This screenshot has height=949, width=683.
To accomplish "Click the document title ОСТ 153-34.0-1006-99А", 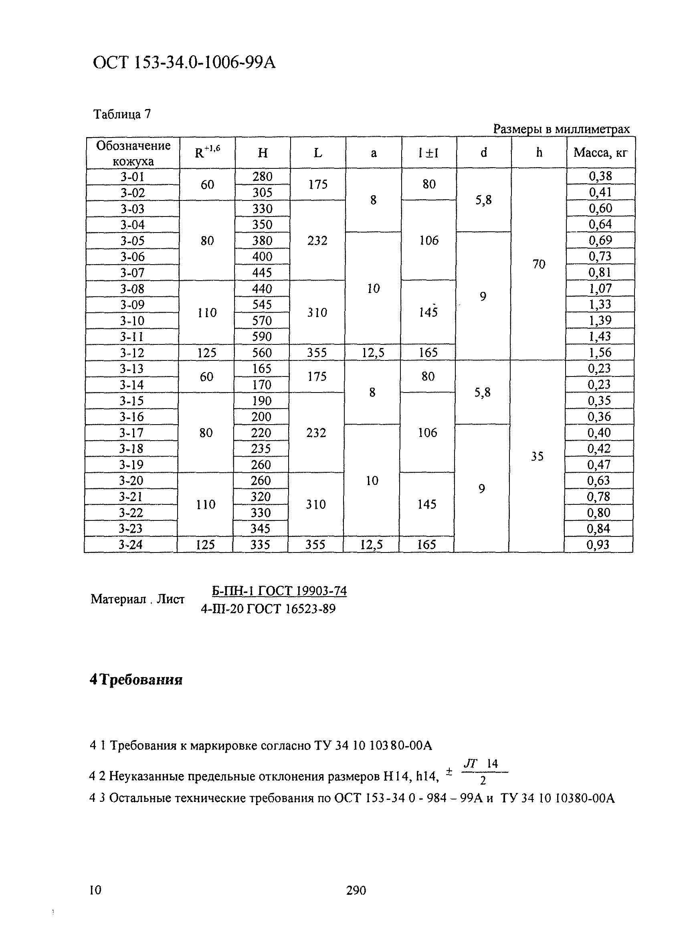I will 184,63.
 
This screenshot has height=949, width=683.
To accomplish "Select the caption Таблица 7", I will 122,114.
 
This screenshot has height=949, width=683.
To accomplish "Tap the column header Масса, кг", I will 600,153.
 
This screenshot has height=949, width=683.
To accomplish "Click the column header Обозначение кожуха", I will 133,153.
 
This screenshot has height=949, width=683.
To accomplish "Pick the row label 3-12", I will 132,353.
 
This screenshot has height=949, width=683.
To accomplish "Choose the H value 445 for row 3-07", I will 262,273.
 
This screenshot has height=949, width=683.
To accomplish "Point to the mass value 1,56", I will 600,352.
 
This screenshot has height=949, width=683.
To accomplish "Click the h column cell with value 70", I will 539,264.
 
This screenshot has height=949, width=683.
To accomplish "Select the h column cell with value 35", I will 537,456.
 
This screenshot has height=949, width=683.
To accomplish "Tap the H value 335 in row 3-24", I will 260,544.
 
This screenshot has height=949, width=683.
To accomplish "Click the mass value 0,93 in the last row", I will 598,544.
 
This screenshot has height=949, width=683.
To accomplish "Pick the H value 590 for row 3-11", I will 262,336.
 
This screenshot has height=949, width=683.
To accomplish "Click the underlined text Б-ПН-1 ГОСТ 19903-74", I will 279,591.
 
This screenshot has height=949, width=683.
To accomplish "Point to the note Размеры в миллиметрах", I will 561,129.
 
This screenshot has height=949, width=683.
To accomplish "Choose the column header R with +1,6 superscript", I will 207,153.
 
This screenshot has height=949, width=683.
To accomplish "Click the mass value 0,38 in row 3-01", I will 600,176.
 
